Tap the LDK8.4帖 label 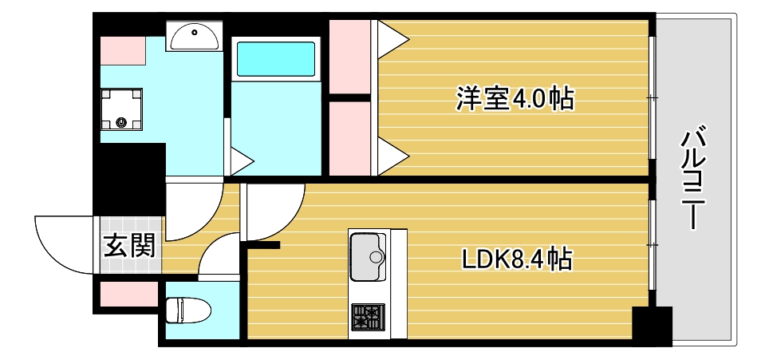518,259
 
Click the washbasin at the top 194,35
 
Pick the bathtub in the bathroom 276,58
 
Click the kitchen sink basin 368,255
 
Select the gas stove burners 367,318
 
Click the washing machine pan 121,109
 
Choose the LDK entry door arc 271,209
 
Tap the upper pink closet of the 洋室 349,56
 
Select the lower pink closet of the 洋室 349,138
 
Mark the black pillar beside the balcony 652,326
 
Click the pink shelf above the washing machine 123,50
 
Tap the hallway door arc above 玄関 191,209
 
